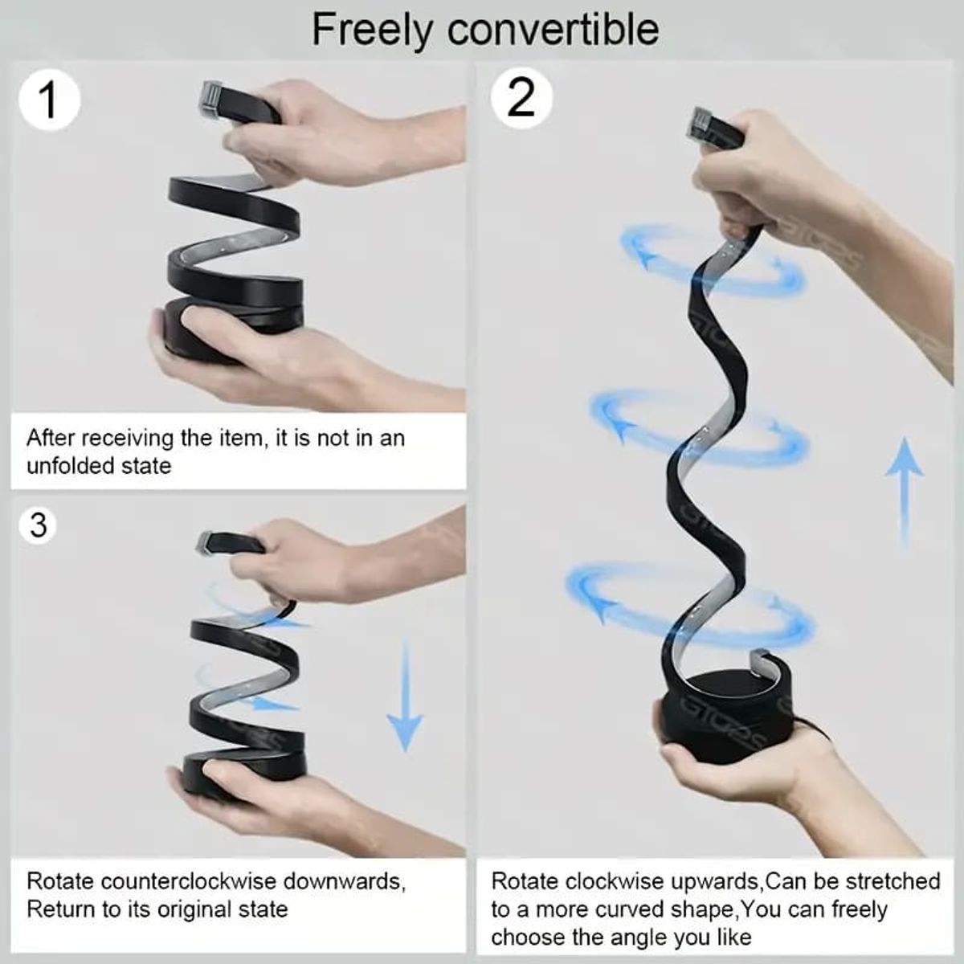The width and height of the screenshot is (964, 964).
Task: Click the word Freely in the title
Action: pos(371,31)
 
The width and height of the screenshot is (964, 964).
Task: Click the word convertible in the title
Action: pos(553,30)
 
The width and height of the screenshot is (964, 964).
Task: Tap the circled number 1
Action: pos(49,100)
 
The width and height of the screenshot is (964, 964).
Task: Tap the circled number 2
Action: pos(521,97)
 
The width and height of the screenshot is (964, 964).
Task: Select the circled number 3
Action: pos(39,525)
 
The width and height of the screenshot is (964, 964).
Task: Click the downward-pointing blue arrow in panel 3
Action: pos(405,696)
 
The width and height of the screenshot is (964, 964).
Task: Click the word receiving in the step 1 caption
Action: pos(127,439)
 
